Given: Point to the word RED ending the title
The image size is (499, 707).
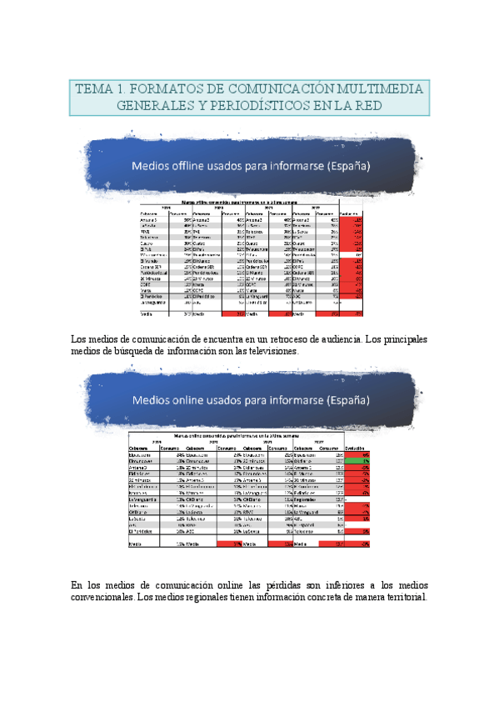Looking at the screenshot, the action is [367, 106].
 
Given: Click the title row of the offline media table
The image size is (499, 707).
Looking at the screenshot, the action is [250, 201].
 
